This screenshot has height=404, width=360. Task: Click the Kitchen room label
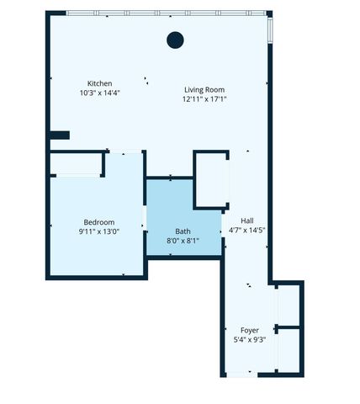coord(99,82)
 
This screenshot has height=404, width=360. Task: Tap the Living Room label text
coord(204,89)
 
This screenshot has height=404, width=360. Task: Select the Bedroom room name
coord(98,221)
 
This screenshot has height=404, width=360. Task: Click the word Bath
coord(183,231)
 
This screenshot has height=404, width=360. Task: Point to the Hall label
coord(247,221)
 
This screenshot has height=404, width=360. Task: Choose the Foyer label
coord(249,330)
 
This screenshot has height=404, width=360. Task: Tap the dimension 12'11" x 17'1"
coord(204,98)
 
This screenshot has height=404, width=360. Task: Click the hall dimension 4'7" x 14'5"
coord(247,230)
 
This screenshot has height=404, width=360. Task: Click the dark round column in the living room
coord(175,39)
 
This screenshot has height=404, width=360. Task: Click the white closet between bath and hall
coord(211,179)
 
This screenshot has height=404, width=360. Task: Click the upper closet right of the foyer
coord(289,304)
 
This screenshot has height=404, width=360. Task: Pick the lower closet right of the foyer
coord(289,350)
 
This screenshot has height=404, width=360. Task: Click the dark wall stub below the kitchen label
coord(58,135)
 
